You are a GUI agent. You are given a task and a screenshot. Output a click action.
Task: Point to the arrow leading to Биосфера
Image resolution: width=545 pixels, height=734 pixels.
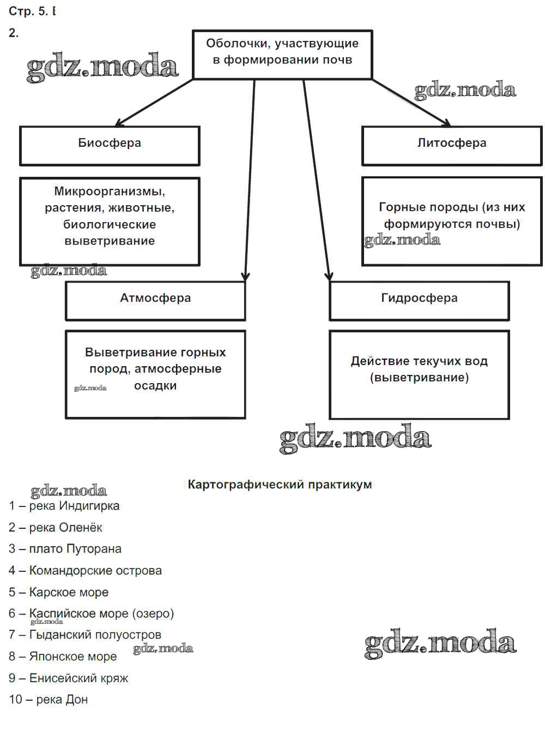(154, 103)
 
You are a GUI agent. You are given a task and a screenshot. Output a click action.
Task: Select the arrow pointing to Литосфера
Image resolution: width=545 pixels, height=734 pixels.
(411, 103)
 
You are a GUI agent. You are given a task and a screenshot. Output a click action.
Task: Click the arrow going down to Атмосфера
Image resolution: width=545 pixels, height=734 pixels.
(250, 180)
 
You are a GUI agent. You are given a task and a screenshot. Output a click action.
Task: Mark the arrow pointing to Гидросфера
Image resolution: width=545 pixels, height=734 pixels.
(317, 180)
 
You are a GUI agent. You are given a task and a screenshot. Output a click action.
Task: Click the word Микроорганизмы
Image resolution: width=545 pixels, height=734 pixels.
(110, 192)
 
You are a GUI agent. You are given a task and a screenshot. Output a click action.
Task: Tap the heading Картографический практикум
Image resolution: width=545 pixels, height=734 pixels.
(280, 485)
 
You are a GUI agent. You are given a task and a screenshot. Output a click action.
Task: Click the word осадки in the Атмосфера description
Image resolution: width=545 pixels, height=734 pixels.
(155, 386)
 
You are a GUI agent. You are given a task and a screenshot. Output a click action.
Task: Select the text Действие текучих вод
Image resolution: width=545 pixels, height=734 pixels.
(419, 361)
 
